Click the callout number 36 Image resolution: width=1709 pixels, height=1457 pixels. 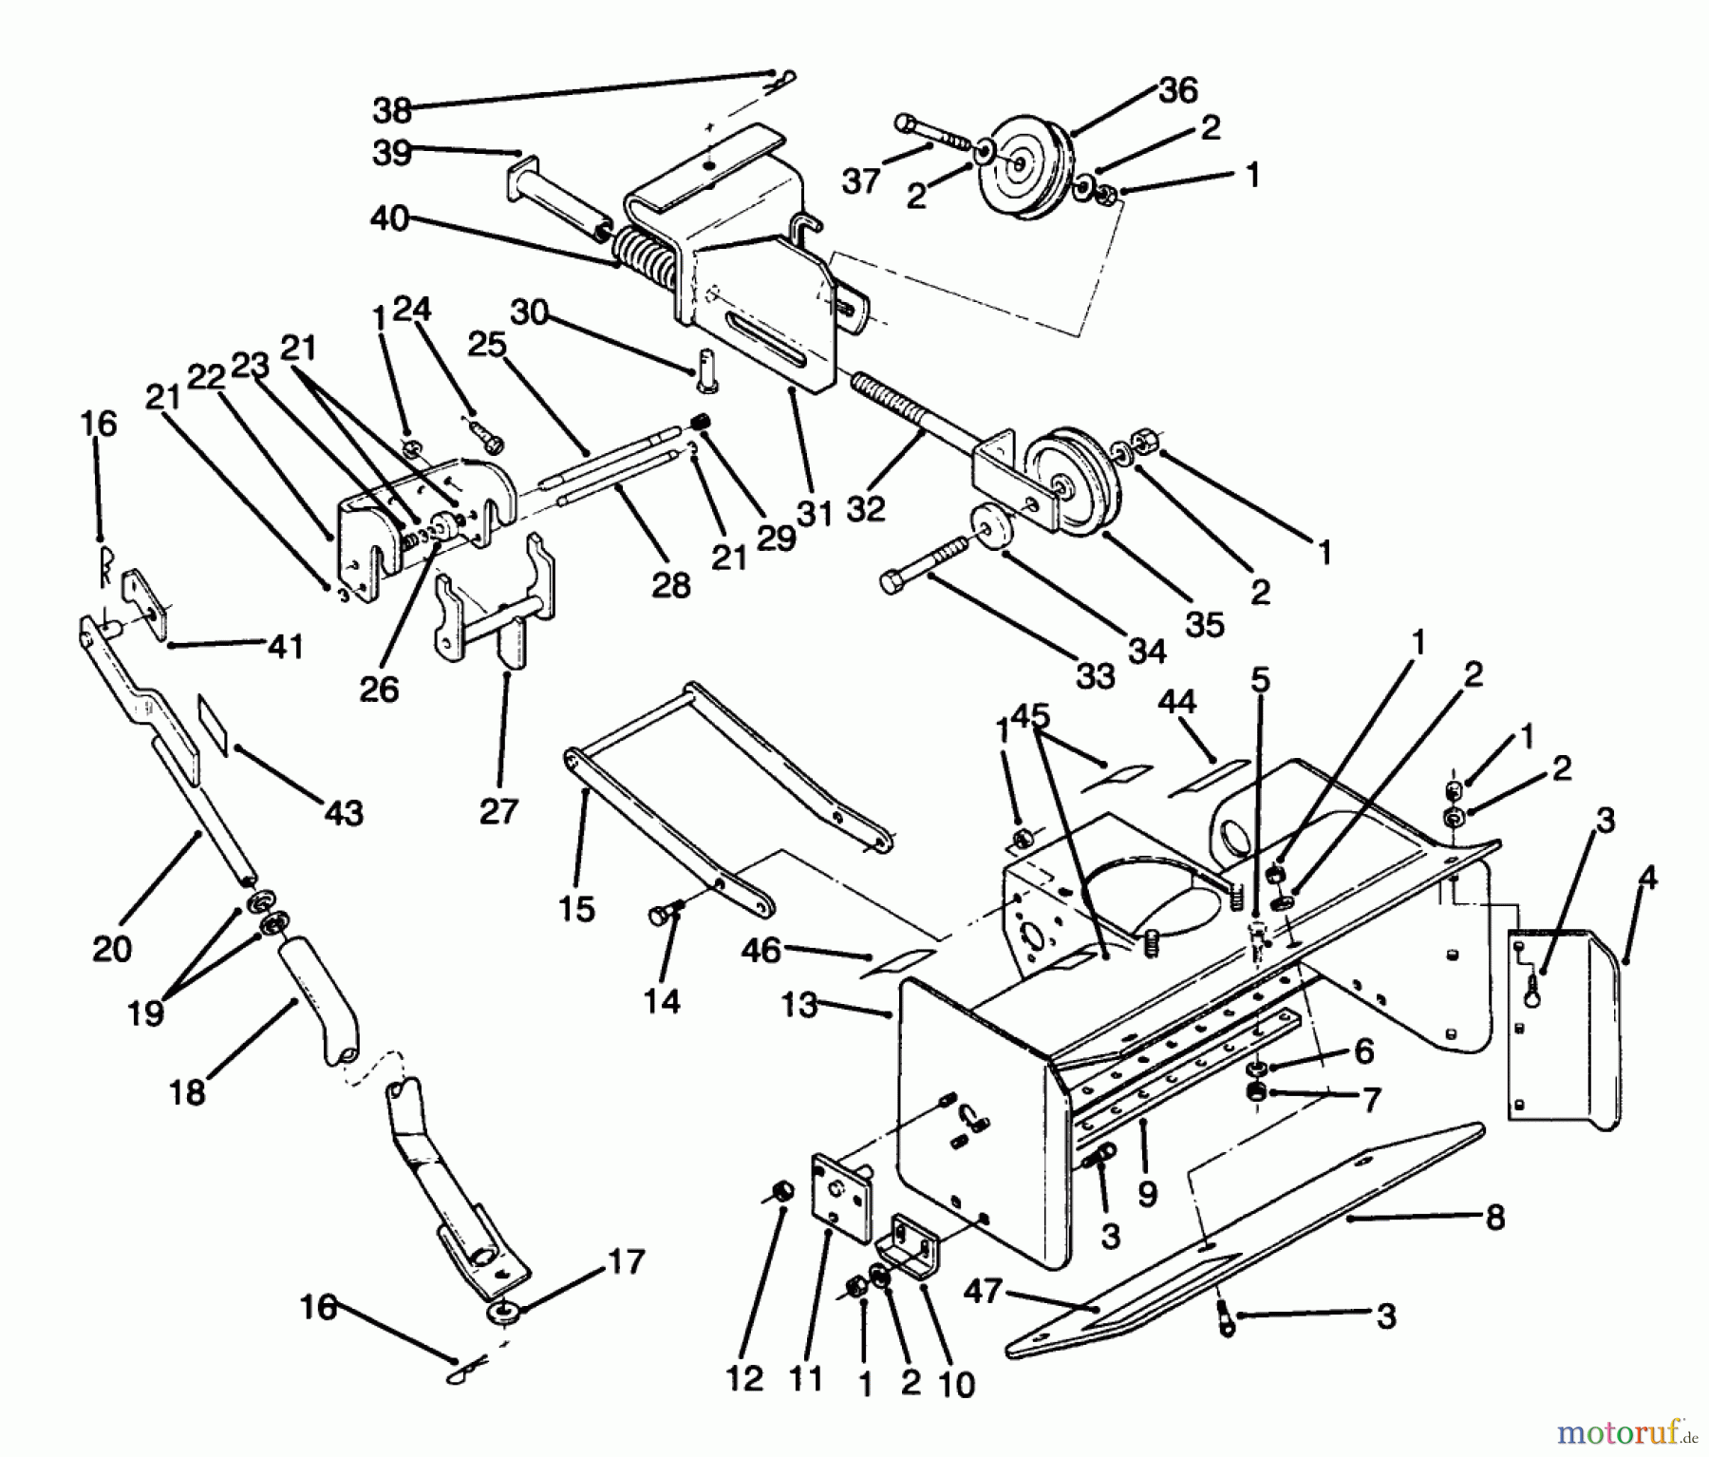(1178, 90)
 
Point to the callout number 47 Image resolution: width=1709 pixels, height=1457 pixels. (983, 1292)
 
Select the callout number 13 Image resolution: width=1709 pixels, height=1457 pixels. (799, 1004)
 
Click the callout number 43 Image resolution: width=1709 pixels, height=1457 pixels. (344, 813)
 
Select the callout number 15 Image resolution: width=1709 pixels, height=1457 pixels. (576, 909)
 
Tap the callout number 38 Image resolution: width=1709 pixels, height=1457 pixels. (392, 110)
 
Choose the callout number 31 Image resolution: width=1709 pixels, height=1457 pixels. (814, 513)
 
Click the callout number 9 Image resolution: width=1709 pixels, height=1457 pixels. (1147, 1193)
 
